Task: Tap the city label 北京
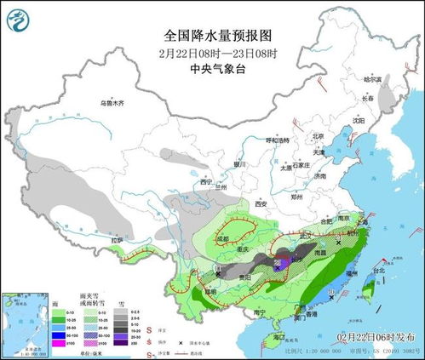tap(319, 135)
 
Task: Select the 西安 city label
tap(261, 203)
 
